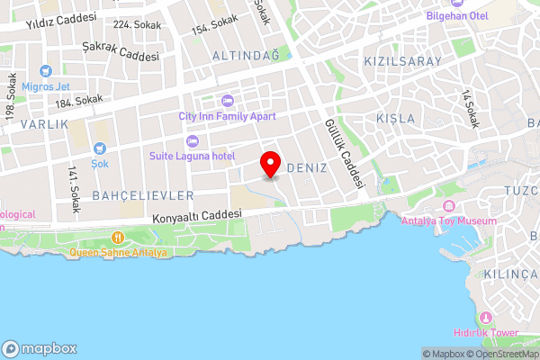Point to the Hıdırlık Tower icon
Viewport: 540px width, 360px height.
click(486, 318)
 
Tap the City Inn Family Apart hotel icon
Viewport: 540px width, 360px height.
click(227, 100)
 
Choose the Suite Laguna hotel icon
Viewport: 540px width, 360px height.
click(191, 141)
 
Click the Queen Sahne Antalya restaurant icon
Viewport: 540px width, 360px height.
click(117, 238)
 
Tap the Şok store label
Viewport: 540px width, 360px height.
click(100, 165)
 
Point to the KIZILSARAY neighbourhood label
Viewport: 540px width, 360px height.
click(402, 61)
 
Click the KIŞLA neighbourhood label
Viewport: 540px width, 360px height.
click(396, 119)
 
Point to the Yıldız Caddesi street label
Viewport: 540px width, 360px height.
click(60, 21)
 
